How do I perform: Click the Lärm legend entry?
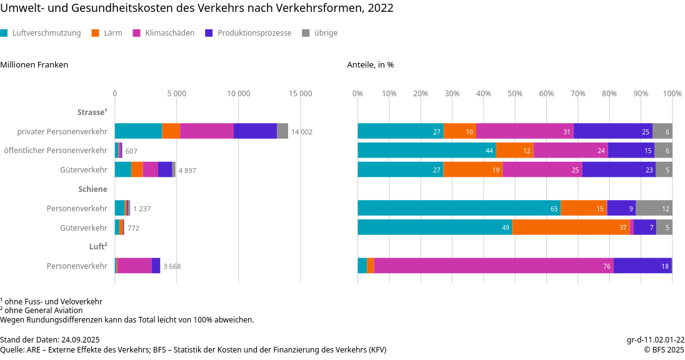point(112,33)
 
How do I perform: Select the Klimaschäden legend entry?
point(169,33)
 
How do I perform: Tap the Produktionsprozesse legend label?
point(254,33)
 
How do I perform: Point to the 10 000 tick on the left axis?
point(238,94)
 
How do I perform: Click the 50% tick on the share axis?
point(514,94)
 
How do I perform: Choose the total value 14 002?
point(302,132)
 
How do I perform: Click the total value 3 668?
point(172,266)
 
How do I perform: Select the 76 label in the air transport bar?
point(607,266)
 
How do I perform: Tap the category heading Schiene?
point(92,189)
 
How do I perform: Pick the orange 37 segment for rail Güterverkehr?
point(571,227)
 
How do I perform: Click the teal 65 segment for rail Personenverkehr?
point(459,208)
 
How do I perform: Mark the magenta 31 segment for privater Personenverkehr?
point(524,131)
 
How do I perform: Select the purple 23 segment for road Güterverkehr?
point(619,169)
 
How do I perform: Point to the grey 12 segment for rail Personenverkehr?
point(654,208)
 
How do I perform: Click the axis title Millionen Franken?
point(34,64)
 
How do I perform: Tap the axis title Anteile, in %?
point(371,64)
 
